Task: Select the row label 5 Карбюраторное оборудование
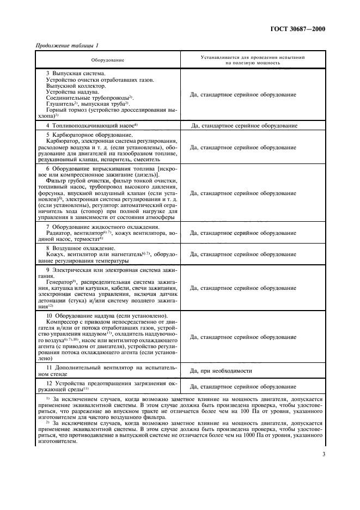89,135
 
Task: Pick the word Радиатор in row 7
60,233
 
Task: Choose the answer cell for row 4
244,126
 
